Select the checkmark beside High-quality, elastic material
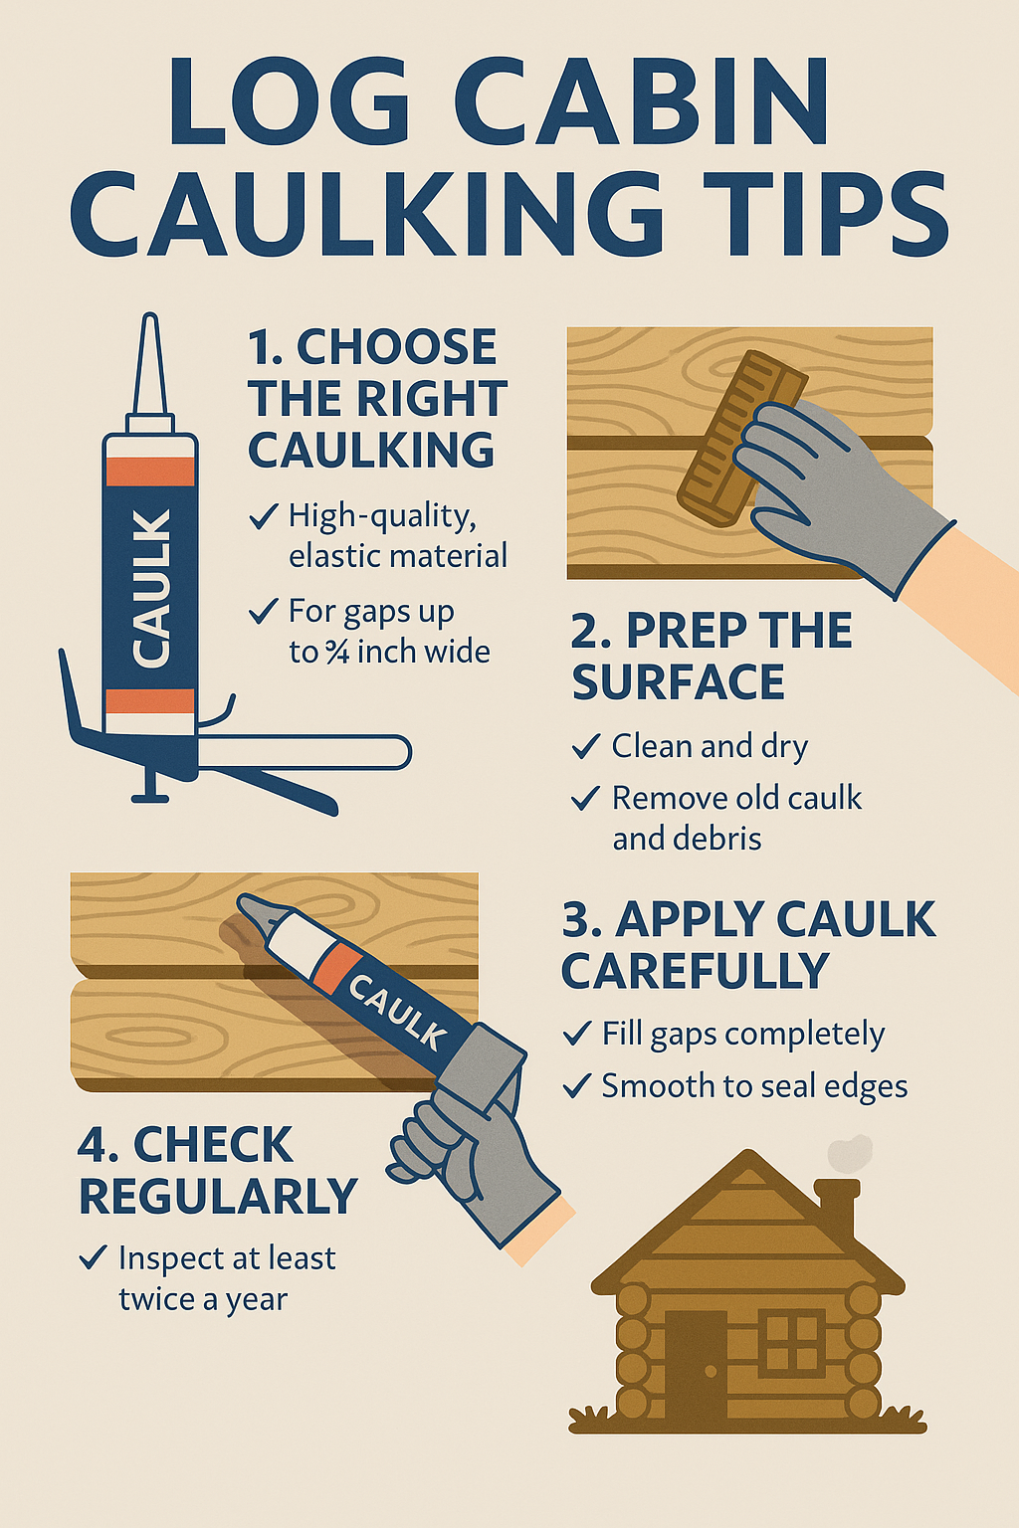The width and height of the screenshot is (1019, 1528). (263, 516)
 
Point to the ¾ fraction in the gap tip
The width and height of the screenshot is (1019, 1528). (337, 653)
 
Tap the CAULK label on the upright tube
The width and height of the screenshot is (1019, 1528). (151, 587)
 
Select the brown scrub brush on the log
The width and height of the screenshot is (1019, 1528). (741, 438)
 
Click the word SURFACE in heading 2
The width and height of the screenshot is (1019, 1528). (678, 682)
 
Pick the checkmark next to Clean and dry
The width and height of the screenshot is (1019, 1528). (585, 746)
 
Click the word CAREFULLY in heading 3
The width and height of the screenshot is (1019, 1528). (695, 971)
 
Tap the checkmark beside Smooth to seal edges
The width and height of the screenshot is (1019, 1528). (576, 1085)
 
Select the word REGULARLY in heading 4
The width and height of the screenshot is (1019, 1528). (218, 1197)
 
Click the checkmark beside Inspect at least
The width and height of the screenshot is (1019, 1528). (93, 1257)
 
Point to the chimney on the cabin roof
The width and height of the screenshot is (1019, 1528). (835, 1209)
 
